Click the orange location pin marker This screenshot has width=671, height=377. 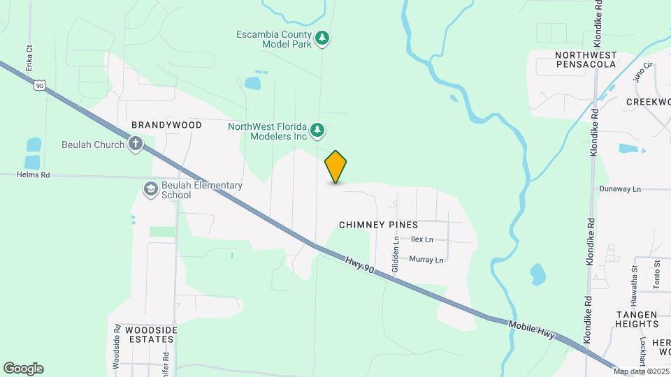(336, 167)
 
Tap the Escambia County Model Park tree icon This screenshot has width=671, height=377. (322, 38)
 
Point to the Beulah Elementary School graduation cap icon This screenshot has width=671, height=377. (150, 189)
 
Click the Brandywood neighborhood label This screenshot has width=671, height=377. (167, 125)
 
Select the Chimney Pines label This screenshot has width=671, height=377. (378, 225)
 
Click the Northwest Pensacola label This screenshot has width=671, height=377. (586, 59)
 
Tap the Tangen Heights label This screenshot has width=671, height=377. (628, 320)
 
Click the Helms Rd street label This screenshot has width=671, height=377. (34, 175)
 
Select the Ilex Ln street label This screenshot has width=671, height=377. (422, 239)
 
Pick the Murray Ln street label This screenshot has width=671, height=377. (426, 260)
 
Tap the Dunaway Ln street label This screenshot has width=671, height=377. (620, 189)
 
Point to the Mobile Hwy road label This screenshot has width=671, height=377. (531, 330)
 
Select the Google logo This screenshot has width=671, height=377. (23, 369)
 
